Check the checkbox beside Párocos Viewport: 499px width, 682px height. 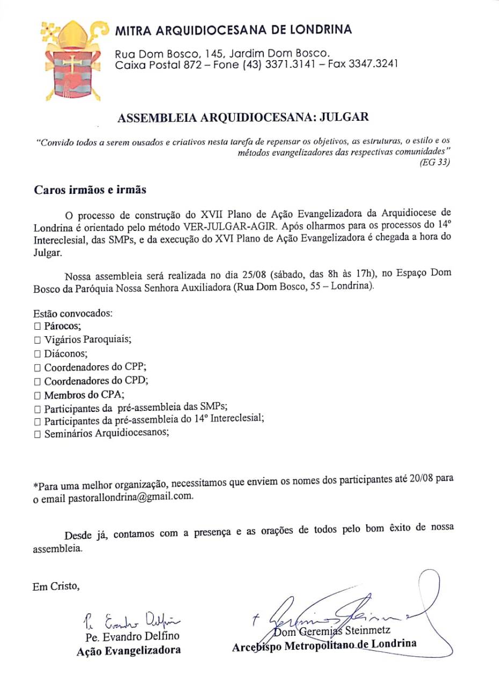click(x=37, y=326)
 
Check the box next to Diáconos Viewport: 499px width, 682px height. click(x=37, y=354)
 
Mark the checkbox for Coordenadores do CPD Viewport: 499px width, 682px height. click(x=37, y=382)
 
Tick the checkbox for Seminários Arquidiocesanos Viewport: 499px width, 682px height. click(x=37, y=434)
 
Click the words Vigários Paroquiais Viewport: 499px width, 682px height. click(x=88, y=340)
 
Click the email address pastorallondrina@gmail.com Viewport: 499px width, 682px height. click(x=130, y=497)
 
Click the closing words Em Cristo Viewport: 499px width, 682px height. click(x=56, y=586)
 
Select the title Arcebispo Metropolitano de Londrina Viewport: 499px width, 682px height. click(x=324, y=645)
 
